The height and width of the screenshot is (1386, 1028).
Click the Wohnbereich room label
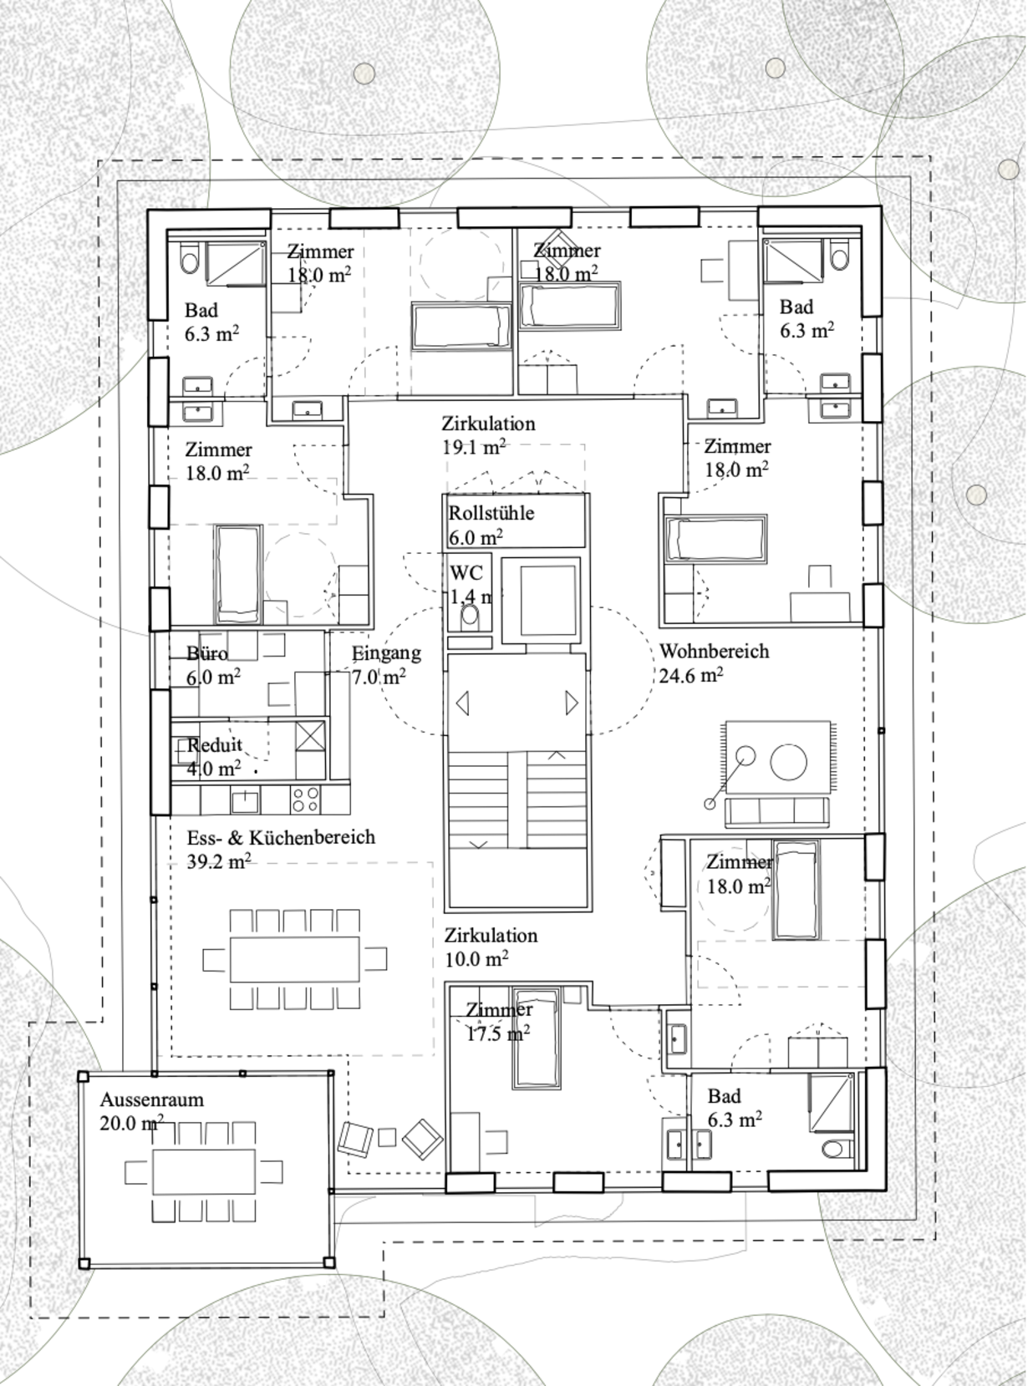tap(714, 651)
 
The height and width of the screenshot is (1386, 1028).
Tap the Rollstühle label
tap(491, 513)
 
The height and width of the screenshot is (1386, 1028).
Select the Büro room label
tap(207, 653)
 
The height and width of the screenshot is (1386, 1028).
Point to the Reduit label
tap(215, 745)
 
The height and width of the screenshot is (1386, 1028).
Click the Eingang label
tap(386, 653)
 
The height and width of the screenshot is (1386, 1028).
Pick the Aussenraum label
tap(152, 1099)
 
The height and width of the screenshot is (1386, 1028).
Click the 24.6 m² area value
tap(691, 675)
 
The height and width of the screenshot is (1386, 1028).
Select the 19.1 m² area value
tap(474, 447)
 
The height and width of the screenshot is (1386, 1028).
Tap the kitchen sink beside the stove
tap(246, 800)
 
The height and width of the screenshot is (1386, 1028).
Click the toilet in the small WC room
tap(471, 617)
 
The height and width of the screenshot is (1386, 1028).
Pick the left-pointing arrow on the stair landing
tap(463, 703)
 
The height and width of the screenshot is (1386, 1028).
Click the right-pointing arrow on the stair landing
tap(572, 703)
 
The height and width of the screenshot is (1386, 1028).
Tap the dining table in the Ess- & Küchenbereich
tap(294, 959)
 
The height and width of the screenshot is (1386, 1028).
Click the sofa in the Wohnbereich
tap(777, 811)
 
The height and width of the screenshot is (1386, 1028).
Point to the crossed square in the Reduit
tap(310, 735)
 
